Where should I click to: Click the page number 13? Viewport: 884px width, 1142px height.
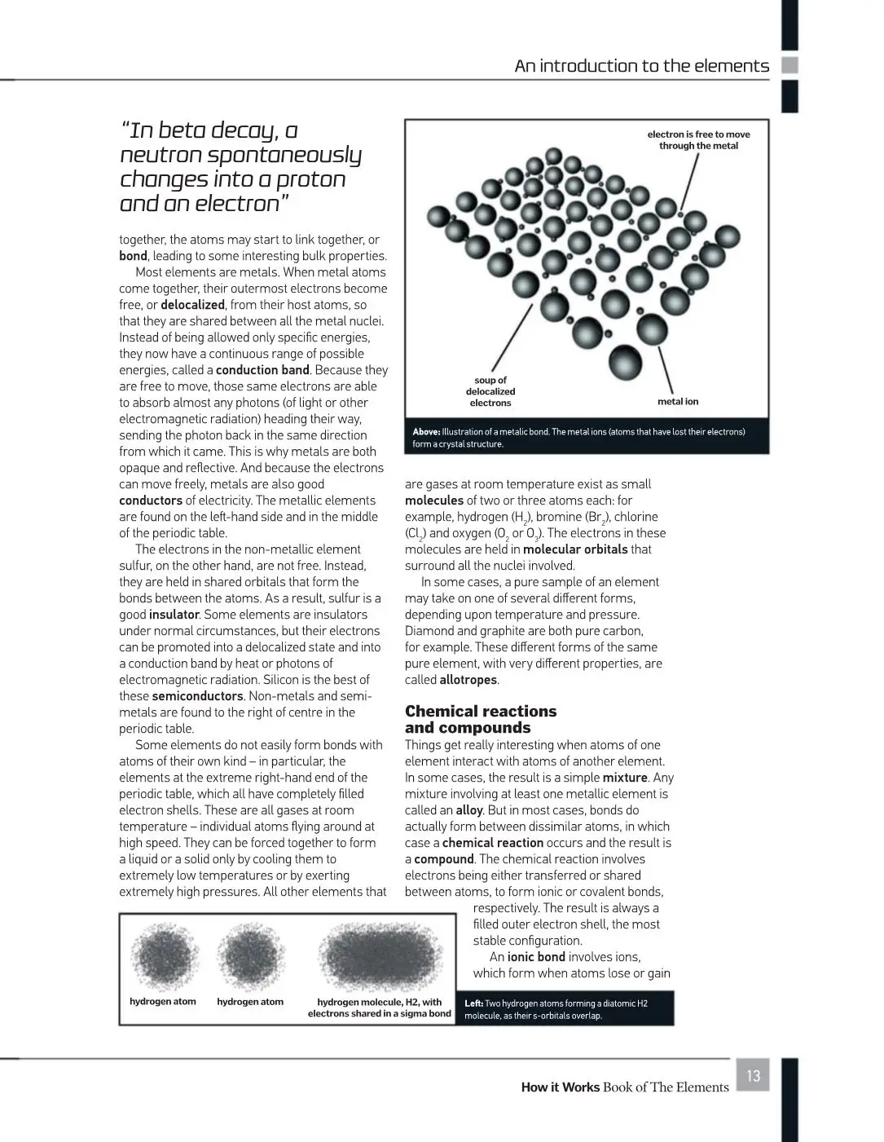click(x=753, y=1076)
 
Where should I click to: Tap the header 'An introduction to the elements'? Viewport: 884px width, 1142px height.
click(x=641, y=66)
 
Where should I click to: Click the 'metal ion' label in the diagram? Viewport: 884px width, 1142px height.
click(x=678, y=402)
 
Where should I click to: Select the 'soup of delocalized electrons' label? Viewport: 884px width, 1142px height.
click(x=490, y=391)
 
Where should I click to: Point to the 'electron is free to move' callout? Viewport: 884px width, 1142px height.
click(x=698, y=140)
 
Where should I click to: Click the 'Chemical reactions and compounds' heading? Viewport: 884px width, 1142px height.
click(x=481, y=719)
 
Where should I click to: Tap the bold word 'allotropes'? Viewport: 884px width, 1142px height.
click(x=468, y=680)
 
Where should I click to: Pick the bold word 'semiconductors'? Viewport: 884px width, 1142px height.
click(x=197, y=696)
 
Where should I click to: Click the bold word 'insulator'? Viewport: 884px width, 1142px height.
click(x=174, y=615)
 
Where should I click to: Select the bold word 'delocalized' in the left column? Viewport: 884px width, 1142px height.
click(x=192, y=305)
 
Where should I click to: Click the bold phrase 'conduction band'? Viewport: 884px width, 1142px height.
click(x=262, y=370)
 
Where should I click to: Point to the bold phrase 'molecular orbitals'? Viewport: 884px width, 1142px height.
click(x=575, y=549)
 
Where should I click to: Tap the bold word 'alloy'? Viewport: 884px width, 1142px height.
click(x=469, y=810)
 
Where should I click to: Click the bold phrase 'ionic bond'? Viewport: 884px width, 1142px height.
click(x=536, y=957)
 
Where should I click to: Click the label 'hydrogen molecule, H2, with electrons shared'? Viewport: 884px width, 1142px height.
click(x=379, y=1008)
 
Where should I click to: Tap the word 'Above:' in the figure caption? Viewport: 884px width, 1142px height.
click(x=426, y=432)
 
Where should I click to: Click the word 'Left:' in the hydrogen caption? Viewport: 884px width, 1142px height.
click(x=473, y=1003)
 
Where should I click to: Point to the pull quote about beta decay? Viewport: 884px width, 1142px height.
click(x=240, y=166)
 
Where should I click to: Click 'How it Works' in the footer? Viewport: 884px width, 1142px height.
click(x=560, y=1087)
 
